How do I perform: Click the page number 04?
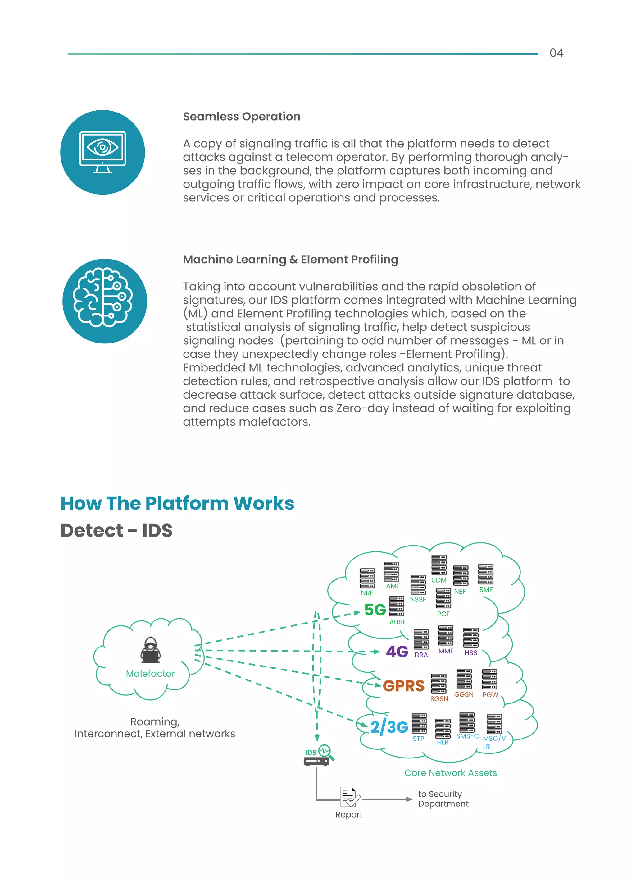(556, 53)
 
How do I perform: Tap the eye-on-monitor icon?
(102, 152)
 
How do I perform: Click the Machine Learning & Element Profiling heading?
(290, 259)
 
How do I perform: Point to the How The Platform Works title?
(177, 503)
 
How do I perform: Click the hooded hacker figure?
(150, 650)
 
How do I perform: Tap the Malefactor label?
(150, 674)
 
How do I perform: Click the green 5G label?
(375, 610)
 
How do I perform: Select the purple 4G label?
(397, 652)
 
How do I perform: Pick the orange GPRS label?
(403, 686)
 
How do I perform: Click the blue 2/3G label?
(389, 727)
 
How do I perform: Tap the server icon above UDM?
(439, 565)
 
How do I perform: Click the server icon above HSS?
(470, 638)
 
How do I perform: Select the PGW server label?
(490, 694)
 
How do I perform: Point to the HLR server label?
(443, 742)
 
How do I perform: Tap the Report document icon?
(349, 797)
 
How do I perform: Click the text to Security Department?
(443, 799)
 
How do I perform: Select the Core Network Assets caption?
(450, 772)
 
